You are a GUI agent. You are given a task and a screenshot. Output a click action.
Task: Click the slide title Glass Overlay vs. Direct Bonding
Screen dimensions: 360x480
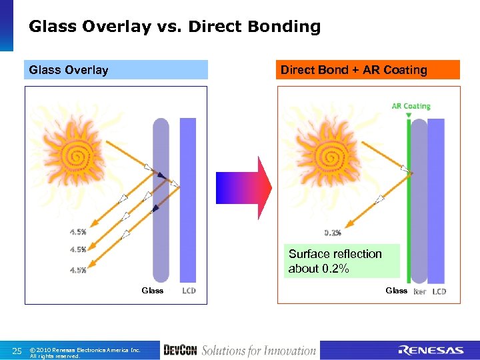point(175,27)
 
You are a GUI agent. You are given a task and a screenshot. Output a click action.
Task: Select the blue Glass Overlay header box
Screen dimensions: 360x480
point(116,70)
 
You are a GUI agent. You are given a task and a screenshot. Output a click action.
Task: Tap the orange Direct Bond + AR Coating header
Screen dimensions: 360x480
point(368,70)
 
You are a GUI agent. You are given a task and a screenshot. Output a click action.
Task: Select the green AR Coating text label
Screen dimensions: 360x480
point(411,106)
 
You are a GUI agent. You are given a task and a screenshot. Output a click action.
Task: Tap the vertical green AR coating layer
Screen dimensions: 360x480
point(407,200)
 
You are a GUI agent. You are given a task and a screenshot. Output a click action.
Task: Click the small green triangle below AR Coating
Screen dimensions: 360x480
point(408,115)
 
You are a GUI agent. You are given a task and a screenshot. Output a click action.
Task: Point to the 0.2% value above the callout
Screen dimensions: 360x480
point(333,233)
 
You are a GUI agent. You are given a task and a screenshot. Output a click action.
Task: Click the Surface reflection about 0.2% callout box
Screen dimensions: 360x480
point(341,261)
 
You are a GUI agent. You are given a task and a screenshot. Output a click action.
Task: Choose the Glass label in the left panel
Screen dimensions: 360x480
point(152,291)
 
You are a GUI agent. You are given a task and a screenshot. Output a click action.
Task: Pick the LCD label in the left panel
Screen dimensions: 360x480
point(189,291)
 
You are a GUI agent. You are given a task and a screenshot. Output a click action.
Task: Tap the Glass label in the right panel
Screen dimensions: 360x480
point(397,291)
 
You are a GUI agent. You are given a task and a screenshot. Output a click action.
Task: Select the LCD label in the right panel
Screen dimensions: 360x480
point(439,291)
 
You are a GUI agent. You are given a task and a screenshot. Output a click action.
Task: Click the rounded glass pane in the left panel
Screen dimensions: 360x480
point(161,200)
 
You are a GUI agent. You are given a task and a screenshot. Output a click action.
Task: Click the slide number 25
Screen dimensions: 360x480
point(18,351)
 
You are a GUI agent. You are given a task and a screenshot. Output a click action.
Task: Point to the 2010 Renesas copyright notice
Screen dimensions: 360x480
point(85,352)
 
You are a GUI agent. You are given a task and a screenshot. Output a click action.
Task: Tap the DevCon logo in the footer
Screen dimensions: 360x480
point(180,351)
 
